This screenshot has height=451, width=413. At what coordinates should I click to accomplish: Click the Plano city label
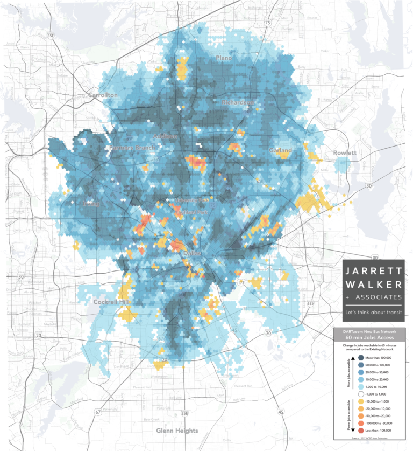click(x=223, y=58)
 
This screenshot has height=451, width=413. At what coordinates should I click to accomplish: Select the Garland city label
click(x=281, y=150)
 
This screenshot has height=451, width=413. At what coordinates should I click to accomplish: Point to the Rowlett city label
click(x=344, y=153)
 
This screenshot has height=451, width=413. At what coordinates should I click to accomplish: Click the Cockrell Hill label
click(x=110, y=302)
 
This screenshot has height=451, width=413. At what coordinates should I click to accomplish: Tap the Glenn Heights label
click(x=177, y=431)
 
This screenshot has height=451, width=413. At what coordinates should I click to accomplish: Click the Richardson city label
click(x=237, y=102)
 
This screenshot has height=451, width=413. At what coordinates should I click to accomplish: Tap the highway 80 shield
click(x=345, y=257)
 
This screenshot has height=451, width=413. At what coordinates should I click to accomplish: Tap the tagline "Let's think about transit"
click(x=373, y=311)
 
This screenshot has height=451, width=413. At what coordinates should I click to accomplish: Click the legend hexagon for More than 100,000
click(x=345, y=357)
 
